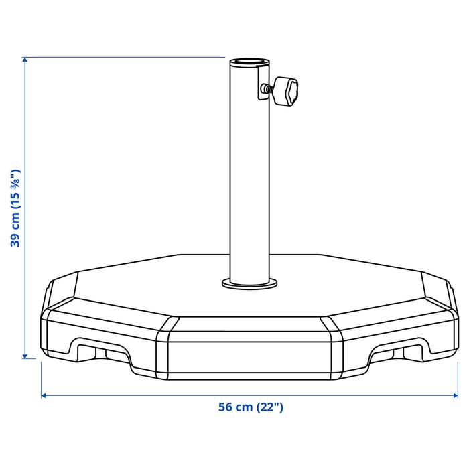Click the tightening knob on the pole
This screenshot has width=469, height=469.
286,91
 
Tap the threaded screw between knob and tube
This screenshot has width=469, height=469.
269,88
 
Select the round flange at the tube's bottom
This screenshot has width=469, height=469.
249,284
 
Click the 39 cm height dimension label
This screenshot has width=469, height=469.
15,208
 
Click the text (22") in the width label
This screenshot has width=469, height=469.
269,407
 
